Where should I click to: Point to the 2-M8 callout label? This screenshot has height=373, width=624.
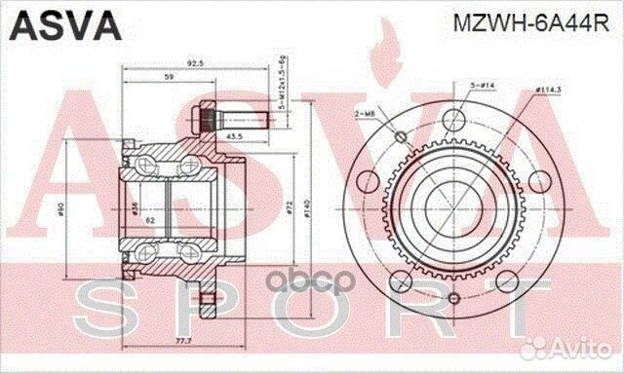tap(364, 116)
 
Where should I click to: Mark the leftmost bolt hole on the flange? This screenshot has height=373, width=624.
tap(367, 182)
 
